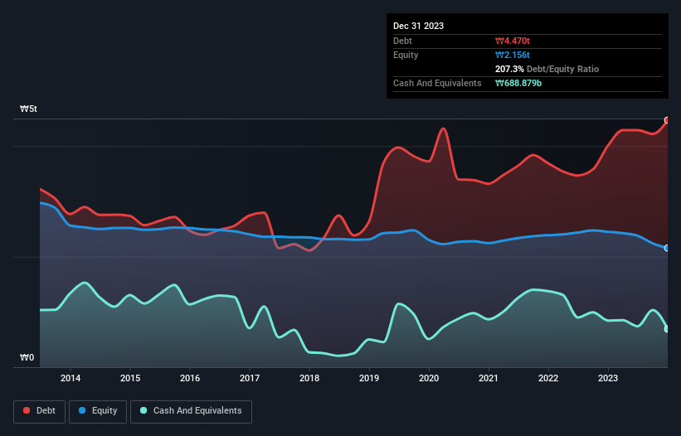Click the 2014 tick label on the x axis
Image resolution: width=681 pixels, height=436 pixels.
pos(71,379)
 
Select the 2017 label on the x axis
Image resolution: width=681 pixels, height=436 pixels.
pos(250,379)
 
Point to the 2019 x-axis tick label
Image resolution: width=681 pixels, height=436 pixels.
pos(369,379)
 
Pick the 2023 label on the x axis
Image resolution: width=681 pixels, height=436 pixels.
pos(608,379)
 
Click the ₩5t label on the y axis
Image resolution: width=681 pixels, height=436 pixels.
pos(28,109)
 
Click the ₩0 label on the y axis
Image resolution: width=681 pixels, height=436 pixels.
pos(27,358)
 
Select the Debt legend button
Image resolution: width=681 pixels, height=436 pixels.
pos(39,410)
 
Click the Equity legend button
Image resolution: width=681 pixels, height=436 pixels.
pos(98,410)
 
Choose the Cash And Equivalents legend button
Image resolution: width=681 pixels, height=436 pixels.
pos(191,410)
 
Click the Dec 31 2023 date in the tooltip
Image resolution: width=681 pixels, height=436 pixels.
pos(418,26)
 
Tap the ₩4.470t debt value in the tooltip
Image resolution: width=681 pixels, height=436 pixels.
pos(513,41)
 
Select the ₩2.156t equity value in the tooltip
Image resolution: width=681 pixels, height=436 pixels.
pos(513,55)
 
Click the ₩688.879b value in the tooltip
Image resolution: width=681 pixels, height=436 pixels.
pos(523,84)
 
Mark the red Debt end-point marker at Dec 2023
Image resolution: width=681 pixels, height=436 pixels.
pos(667,120)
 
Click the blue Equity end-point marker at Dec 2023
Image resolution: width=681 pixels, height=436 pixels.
pos(667,248)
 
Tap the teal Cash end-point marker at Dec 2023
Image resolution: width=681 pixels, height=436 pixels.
pos(667,329)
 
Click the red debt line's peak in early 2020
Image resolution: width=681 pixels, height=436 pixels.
pos(444,128)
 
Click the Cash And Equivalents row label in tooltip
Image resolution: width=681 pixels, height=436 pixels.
pos(437,84)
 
